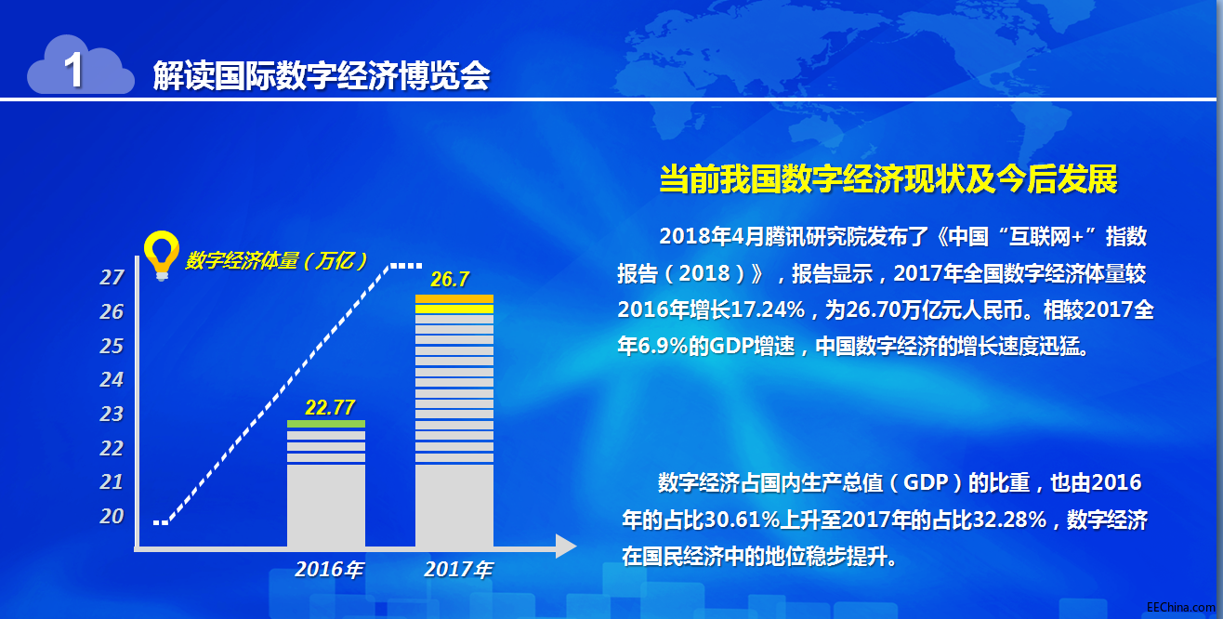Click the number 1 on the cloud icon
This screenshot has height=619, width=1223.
coord(73,70)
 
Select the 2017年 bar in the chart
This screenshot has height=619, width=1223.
coord(454,421)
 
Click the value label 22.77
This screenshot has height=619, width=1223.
coord(330,407)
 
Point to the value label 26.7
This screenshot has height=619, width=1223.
coord(450,280)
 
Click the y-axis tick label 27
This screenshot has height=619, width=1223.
coord(112,277)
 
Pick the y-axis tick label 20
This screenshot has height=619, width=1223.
coord(112,516)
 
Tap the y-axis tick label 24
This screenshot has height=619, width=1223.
coord(112,379)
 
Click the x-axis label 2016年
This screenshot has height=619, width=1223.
coord(329,570)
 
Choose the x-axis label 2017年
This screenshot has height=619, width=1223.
coord(458,570)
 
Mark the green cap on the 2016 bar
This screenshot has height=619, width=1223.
coord(326,424)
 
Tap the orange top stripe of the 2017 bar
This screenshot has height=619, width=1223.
coord(454,298)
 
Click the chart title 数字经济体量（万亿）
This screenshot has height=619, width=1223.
coord(276,261)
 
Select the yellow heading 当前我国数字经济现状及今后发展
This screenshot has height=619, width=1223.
coord(888,178)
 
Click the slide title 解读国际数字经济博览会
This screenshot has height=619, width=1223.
coord(321,75)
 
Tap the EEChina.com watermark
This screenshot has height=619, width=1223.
coord(1181,608)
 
